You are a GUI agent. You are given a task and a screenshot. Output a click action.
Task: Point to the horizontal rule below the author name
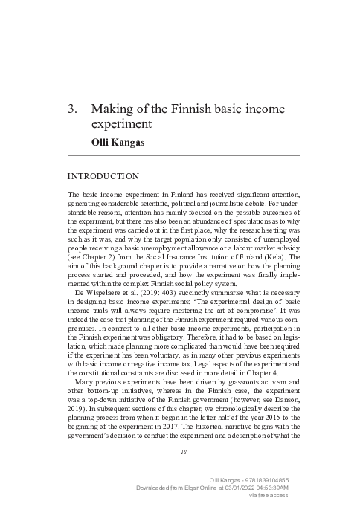[x=183, y=154]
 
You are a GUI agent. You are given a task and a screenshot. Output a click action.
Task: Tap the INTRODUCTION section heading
[x=103, y=176]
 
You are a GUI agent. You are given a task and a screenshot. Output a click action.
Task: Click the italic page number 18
[x=183, y=450]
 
